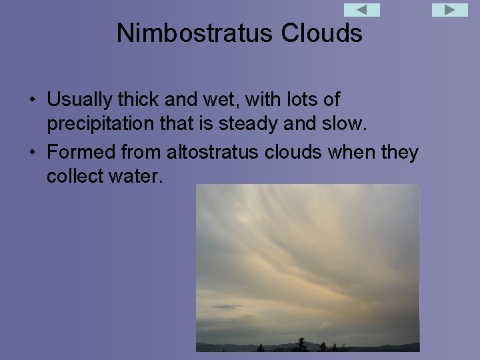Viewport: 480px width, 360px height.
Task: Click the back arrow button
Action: click(x=361, y=10)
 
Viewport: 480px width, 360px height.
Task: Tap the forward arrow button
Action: click(x=450, y=10)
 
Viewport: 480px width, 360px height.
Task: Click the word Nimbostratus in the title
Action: click(x=183, y=33)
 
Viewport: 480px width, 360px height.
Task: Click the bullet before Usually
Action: click(x=32, y=101)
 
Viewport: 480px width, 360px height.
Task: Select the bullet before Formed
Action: click(x=32, y=153)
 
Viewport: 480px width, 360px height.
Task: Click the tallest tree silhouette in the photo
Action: click(x=301, y=344)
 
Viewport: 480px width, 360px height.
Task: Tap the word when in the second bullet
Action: click(x=351, y=153)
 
